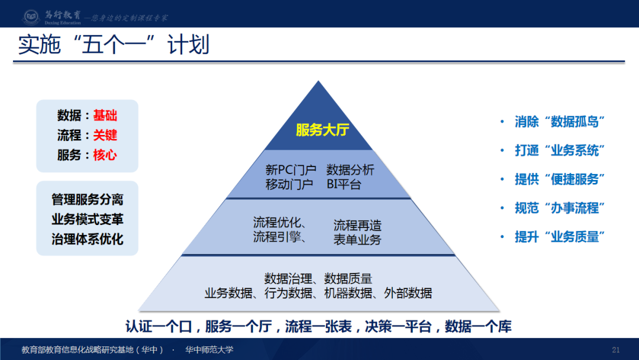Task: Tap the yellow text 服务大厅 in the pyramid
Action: pos(322,130)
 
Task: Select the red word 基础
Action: pos(105,115)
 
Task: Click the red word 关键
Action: pos(105,135)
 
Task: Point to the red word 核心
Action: pos(105,155)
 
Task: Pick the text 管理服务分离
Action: pos(87,200)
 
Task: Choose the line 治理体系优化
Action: pos(87,239)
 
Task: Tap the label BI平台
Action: pos(344,184)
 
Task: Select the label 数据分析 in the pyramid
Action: pos(350,170)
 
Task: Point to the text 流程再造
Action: pos(357,225)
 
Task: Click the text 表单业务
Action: pos(357,239)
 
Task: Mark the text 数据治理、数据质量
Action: pos(318,278)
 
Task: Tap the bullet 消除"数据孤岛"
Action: pos(560,122)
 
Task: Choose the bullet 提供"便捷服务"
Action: pos(560,179)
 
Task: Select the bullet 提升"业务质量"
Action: pos(560,237)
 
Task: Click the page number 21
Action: pos(615,349)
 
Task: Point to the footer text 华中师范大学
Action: pos(209,349)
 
